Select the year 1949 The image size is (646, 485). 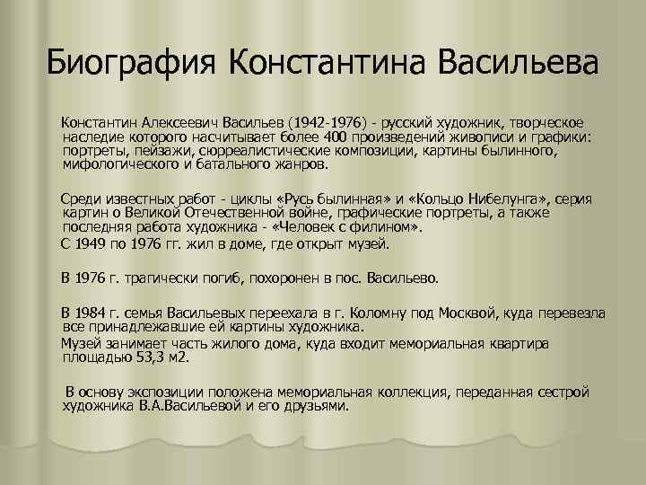pos(93,243)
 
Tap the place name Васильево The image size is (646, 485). pos(401,278)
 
